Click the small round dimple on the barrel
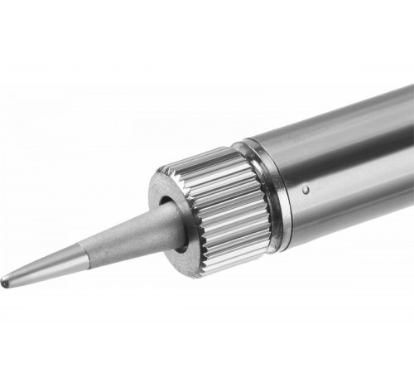click(x=306, y=191)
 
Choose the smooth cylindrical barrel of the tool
click(x=348, y=166)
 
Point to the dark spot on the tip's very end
click(x=7, y=280)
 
